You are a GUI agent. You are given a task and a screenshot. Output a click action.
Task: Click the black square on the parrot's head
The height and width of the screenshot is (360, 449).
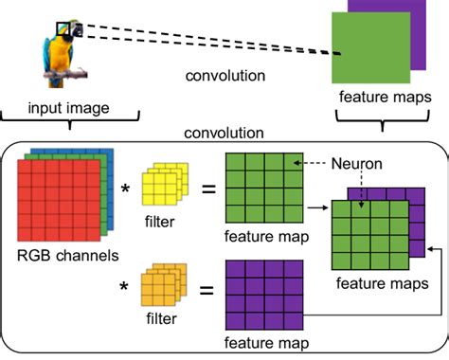point(63,30)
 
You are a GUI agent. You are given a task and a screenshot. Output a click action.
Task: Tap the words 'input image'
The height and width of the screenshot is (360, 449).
point(68,108)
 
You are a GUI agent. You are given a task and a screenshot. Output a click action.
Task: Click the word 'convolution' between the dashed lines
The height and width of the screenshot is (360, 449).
point(224,76)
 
